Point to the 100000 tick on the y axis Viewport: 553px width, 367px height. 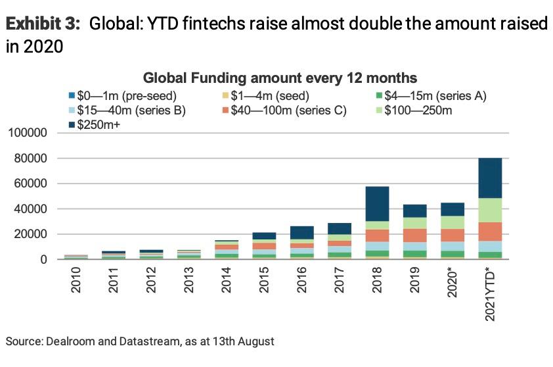pos(30,134)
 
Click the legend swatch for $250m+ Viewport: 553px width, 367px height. pos(72,123)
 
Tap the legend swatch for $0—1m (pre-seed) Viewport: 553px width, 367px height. pos(72,96)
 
